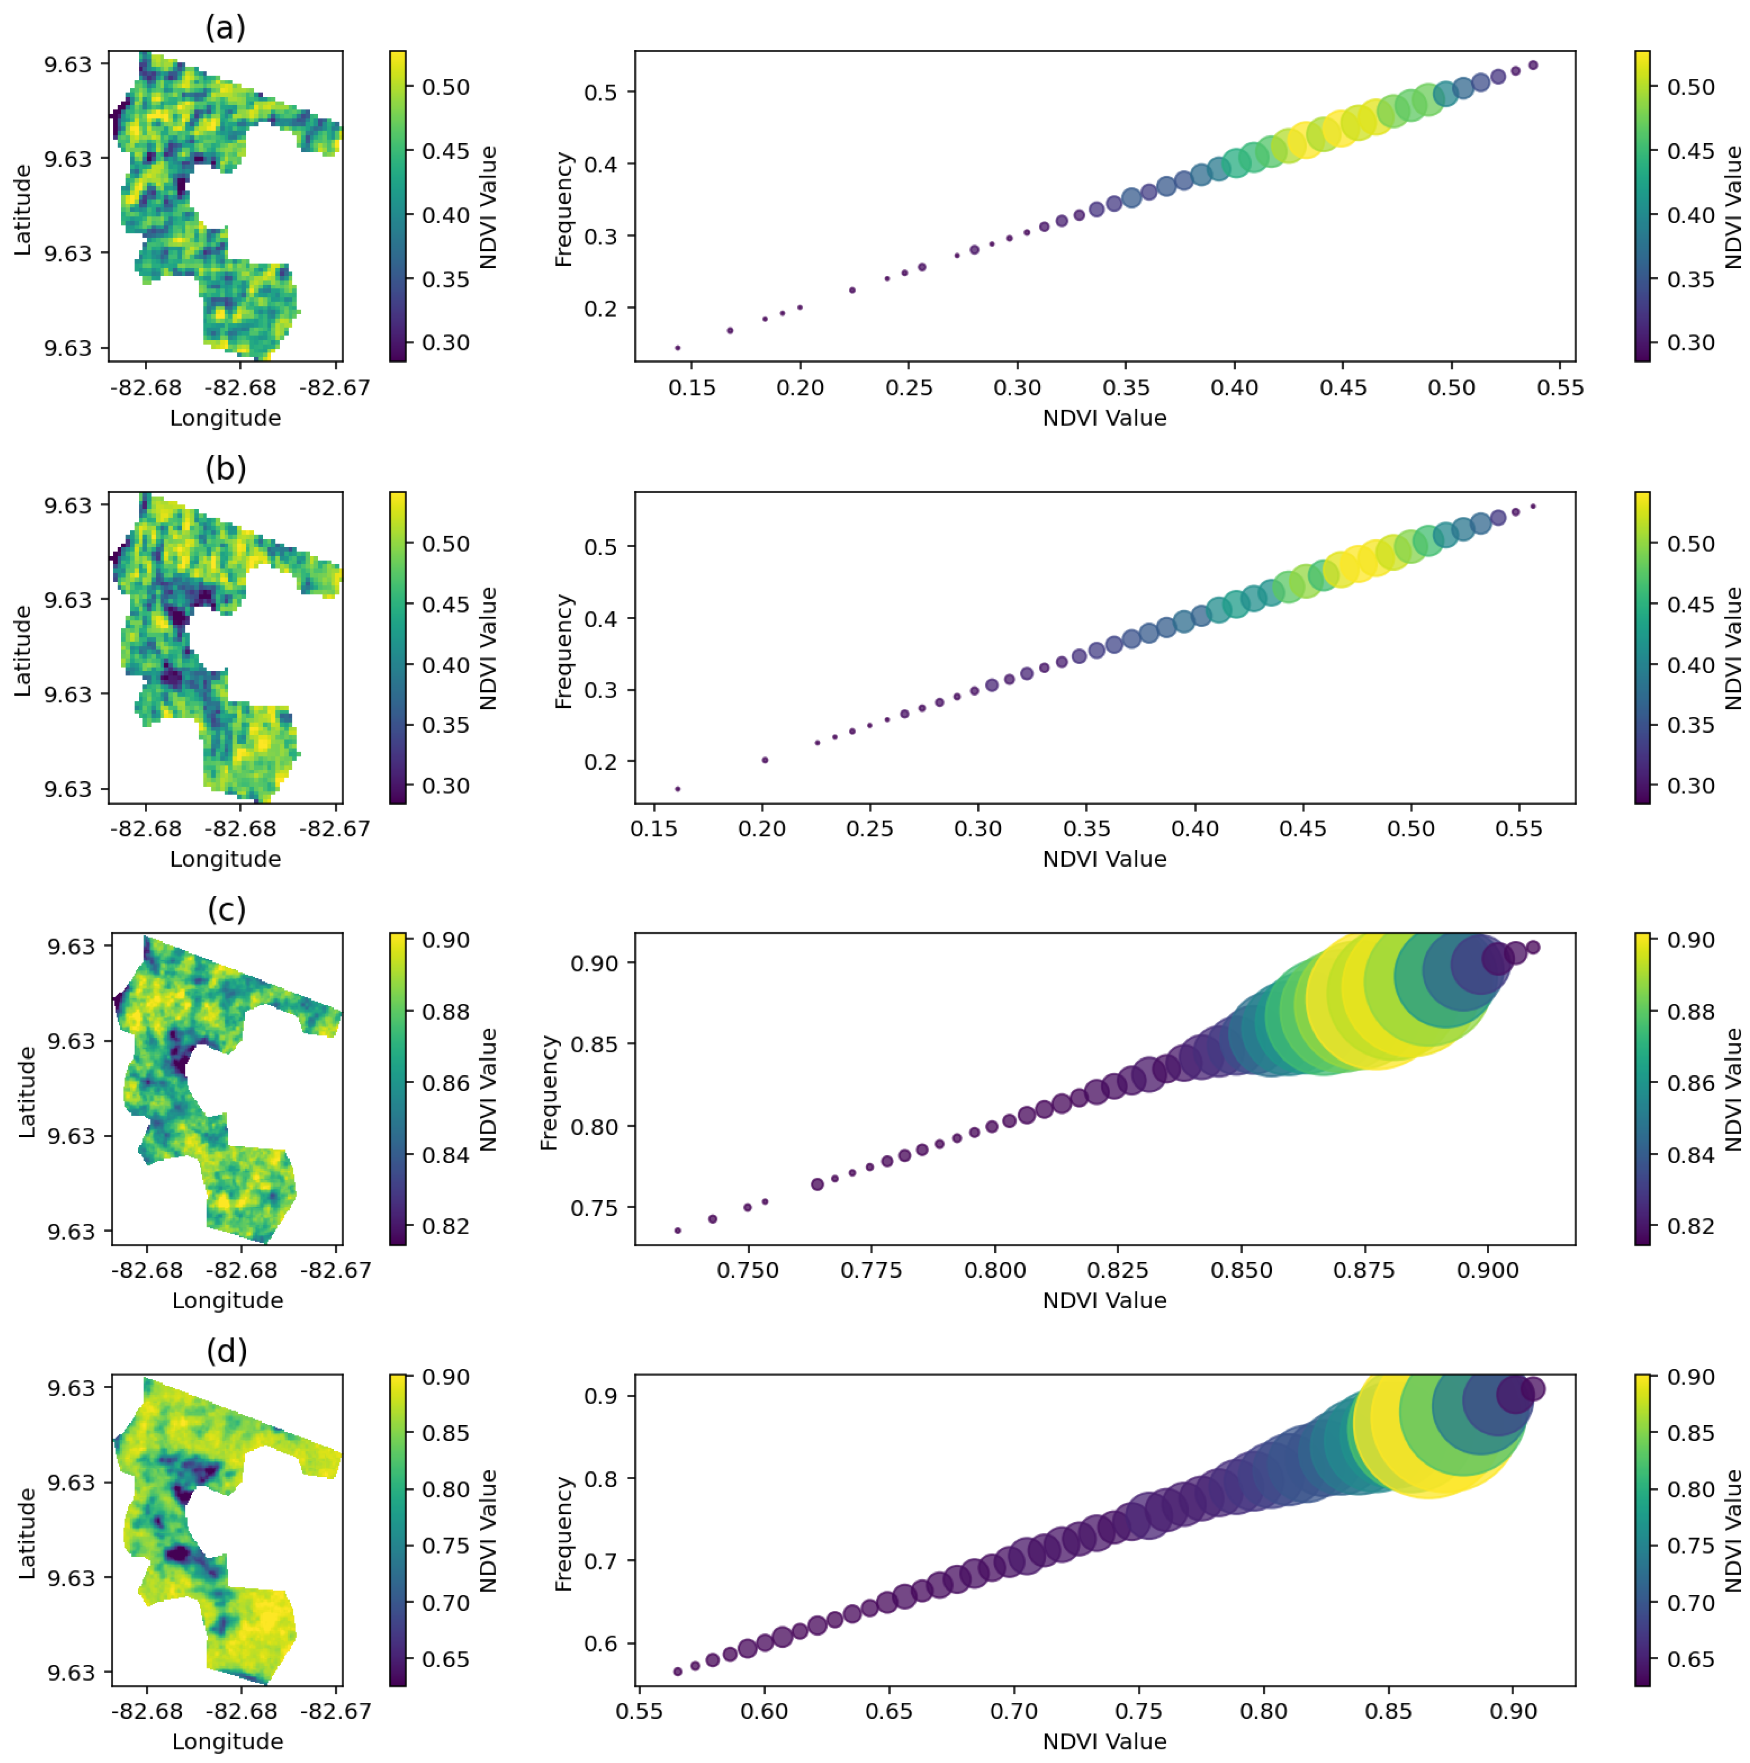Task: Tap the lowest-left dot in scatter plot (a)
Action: coord(677,348)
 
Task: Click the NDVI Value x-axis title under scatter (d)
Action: coord(1105,1741)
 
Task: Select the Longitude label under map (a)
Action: coord(226,418)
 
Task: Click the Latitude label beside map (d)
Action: coord(27,1533)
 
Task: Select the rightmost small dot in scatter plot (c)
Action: coord(1533,947)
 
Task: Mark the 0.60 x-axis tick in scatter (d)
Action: coord(764,1711)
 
